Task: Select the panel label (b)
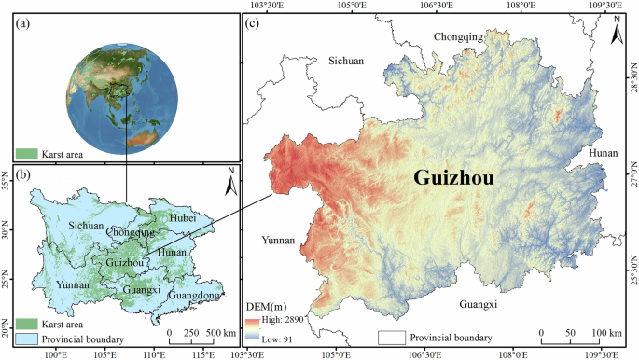click(24, 175)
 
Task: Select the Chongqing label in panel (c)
click(458, 36)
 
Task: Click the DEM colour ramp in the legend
click(251, 326)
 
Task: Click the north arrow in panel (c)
click(616, 34)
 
